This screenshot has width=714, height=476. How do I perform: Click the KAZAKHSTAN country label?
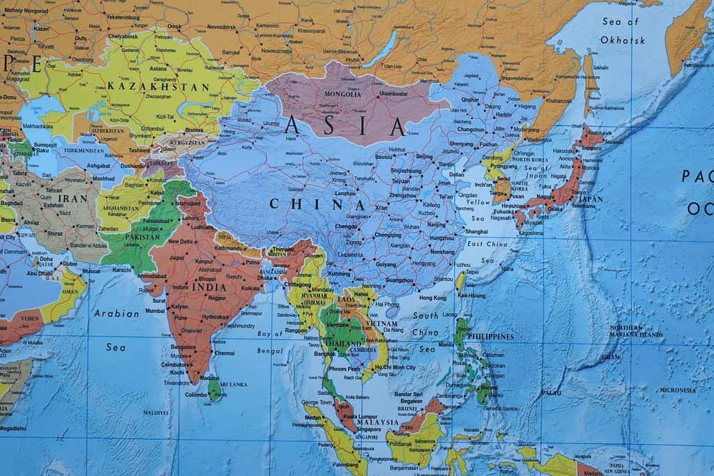158,87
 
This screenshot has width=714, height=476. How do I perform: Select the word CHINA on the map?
317,205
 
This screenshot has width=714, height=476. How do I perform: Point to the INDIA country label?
210,287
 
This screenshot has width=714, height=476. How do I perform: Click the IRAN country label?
73,199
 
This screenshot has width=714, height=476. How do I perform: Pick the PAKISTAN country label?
142,238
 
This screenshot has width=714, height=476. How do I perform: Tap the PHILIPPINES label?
492,337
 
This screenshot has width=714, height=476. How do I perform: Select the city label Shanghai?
476,231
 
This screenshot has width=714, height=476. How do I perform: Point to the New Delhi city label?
181,241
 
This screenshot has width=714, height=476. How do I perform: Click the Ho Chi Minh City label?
394,367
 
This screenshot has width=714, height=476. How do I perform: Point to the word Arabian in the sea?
116,314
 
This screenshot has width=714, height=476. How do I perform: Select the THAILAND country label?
342,344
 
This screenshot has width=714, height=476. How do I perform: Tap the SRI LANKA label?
233,384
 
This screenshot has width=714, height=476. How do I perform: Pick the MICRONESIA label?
678,390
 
